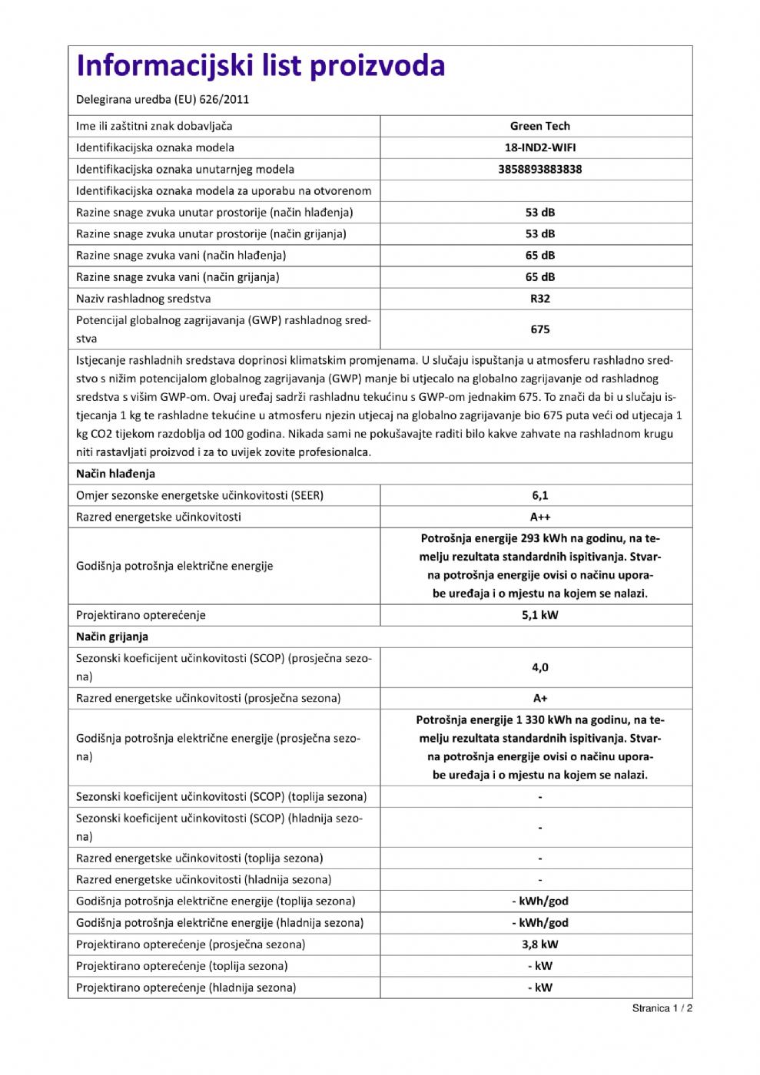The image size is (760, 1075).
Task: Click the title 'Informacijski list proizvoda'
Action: tap(261, 66)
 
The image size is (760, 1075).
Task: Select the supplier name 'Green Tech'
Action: tap(539, 126)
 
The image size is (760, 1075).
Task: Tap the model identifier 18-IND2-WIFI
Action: tap(539, 147)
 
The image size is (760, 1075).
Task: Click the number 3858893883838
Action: tap(539, 169)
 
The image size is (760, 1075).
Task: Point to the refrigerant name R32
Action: tap(539, 299)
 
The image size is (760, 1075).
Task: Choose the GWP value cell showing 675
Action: tap(539, 329)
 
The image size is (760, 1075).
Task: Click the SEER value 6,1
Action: tap(539, 495)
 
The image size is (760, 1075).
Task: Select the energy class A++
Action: tap(539, 517)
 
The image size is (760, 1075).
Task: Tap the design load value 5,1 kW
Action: tap(539, 615)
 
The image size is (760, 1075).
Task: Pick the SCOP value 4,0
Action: tap(539, 667)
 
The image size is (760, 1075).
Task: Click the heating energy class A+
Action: tap(539, 698)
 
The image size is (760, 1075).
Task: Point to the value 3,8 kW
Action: tap(539, 944)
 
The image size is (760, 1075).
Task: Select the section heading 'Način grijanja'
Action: tap(112, 637)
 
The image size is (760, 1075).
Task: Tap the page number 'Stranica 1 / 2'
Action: tap(662, 1008)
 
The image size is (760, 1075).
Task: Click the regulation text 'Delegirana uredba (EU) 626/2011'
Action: tap(162, 99)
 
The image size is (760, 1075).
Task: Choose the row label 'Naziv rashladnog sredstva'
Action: tap(143, 299)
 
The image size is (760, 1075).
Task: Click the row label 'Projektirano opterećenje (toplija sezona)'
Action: tap(181, 966)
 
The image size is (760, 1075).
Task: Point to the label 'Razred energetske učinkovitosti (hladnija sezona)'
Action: tap(204, 880)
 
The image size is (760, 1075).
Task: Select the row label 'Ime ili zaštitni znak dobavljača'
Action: tap(154, 126)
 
